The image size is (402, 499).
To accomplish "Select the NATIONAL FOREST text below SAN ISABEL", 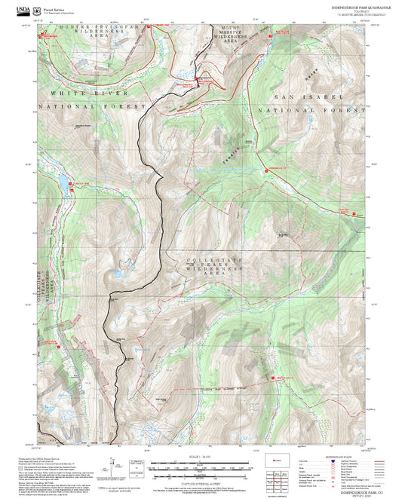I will pos(310,110).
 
